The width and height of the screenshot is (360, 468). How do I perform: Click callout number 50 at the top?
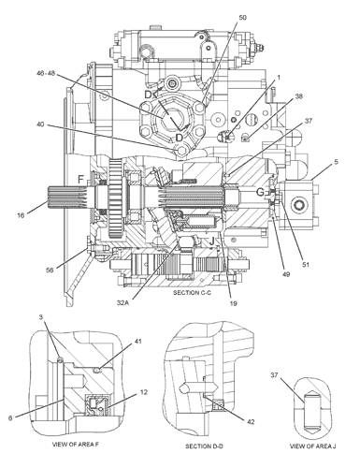pyautogui.click(x=242, y=18)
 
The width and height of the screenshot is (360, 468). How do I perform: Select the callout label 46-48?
pyautogui.click(x=46, y=73)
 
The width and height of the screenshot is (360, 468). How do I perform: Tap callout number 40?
pyautogui.click(x=40, y=124)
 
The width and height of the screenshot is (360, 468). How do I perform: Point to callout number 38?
pyautogui.click(x=298, y=96)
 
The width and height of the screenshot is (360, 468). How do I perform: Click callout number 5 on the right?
pyautogui.click(x=336, y=162)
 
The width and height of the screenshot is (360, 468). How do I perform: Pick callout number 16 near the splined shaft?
pyautogui.click(x=21, y=215)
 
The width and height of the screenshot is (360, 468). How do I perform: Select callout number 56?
pyautogui.click(x=50, y=271)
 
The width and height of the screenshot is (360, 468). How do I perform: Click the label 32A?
pyautogui.click(x=122, y=302)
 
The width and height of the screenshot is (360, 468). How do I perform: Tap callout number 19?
pyautogui.click(x=233, y=303)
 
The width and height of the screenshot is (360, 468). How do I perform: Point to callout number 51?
pyautogui.click(x=306, y=265)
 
